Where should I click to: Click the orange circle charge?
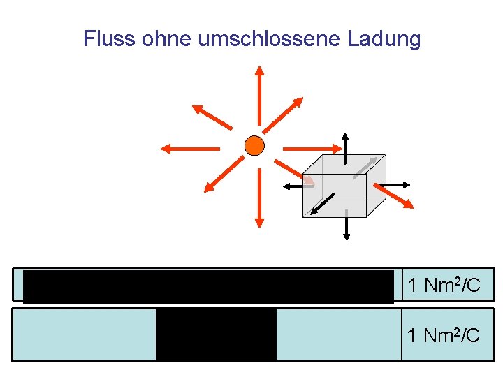point(255,146)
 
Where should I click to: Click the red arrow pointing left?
point(189,148)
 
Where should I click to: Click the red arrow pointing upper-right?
point(283,114)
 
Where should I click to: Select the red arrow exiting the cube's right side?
point(395,196)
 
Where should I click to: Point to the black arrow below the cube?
point(345,225)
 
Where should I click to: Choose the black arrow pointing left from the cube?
point(293,186)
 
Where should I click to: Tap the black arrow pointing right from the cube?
point(395,184)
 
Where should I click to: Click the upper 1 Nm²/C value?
point(443,285)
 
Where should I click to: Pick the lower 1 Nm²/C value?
point(443,335)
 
